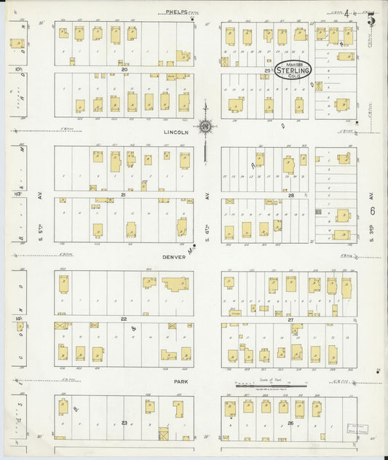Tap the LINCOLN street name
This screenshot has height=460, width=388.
(x=176, y=132)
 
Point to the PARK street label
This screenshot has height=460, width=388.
(x=181, y=381)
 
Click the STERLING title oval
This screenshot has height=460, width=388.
(x=293, y=70)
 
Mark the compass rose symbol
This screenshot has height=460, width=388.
(x=206, y=127)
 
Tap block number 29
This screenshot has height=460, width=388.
(x=268, y=71)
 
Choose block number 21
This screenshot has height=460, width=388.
(x=124, y=195)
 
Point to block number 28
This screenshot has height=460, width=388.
(x=290, y=195)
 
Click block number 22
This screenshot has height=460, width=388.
(x=124, y=319)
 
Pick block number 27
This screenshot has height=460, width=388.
(x=290, y=319)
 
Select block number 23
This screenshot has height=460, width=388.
(x=124, y=423)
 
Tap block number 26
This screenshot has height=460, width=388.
(x=290, y=423)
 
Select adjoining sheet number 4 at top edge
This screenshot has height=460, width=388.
(x=348, y=12)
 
